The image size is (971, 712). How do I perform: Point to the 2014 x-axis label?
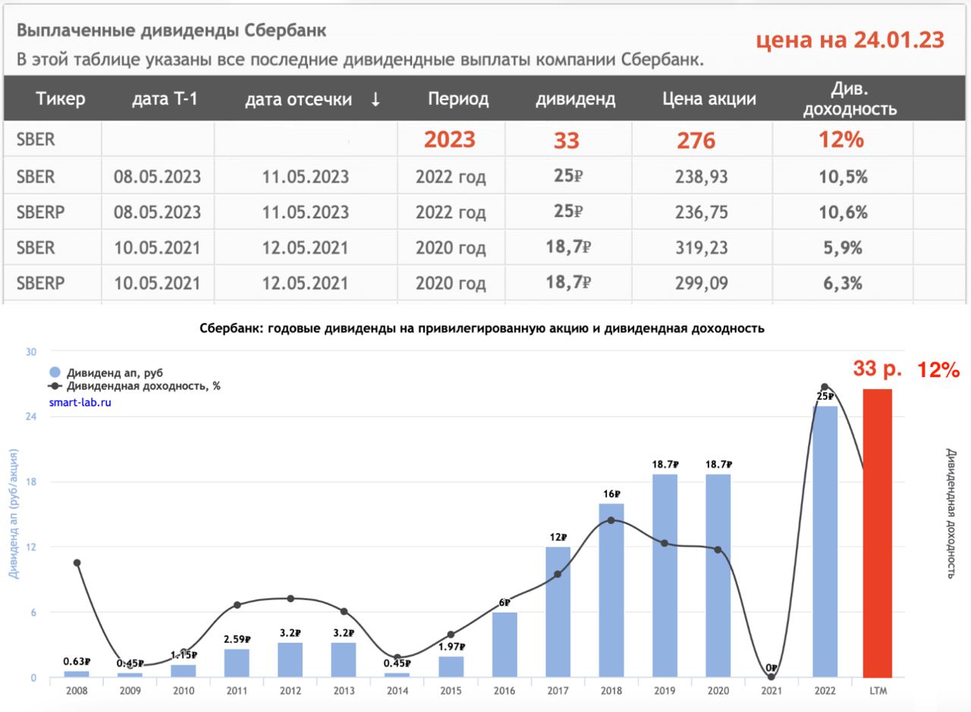click(x=398, y=691)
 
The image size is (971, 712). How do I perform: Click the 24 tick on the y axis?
click(x=31, y=417)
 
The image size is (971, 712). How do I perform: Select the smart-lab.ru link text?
click(x=80, y=403)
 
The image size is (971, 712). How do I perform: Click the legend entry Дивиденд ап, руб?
click(x=114, y=372)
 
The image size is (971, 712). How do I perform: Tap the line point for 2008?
click(x=77, y=563)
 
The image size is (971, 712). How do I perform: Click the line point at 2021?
click(x=771, y=676)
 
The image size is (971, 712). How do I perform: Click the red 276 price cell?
click(x=696, y=141)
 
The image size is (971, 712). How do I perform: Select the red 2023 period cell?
click(x=449, y=140)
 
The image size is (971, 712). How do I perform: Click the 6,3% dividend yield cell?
click(x=843, y=284)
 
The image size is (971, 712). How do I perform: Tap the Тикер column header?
click(x=61, y=99)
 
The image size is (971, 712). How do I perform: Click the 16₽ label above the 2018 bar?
click(x=611, y=493)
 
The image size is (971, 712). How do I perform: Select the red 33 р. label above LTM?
click(x=877, y=369)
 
